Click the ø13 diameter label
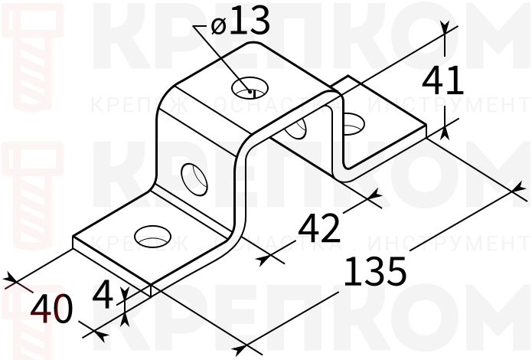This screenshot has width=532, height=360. coord(240,24)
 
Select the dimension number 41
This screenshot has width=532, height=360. coord(443,80)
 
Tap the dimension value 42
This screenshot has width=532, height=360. coord(318,228)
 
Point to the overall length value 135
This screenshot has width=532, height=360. coord(374,273)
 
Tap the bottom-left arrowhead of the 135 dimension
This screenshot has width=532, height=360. coord(239,350)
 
